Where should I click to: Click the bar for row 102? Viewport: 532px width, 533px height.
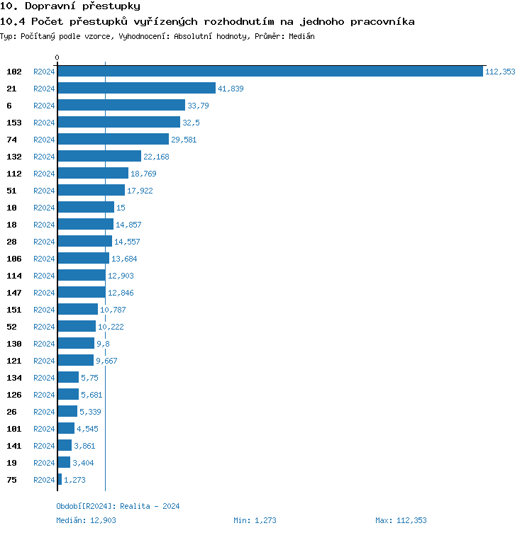pos(270,72)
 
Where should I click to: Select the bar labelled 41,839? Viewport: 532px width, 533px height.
pos(136,89)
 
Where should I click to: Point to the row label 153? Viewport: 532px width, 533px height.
pos(14,123)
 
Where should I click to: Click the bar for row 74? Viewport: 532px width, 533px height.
pos(113,140)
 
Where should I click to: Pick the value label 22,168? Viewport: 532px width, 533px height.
pos(156,157)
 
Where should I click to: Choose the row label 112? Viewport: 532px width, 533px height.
pos(14,174)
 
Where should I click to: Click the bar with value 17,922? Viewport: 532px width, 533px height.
pos(91,191)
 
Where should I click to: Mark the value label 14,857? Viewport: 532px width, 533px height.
pos(129,225)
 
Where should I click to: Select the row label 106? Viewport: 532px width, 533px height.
pos(14,259)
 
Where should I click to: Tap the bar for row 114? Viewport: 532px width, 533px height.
pos(82,276)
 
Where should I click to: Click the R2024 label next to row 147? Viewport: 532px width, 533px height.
pos(44,293)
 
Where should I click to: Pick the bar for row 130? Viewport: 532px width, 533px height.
pos(76,344)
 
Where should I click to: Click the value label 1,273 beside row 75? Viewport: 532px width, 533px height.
pos(74,480)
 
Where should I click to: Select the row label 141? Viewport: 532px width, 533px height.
pos(14,446)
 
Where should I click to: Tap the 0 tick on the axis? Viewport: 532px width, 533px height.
pos(57,58)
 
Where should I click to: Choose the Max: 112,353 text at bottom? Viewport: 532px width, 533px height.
pos(401,521)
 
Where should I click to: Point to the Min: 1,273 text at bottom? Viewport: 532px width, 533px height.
pos(255,521)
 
